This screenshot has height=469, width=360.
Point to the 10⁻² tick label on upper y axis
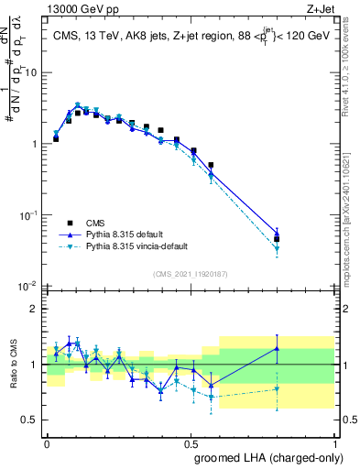pyautogui.click(x=31, y=286)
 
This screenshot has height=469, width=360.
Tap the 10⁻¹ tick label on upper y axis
pyautogui.click(x=31, y=215)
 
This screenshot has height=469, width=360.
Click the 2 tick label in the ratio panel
pyautogui.click(x=38, y=310)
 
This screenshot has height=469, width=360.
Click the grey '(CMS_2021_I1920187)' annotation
pyautogui.click(x=190, y=272)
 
